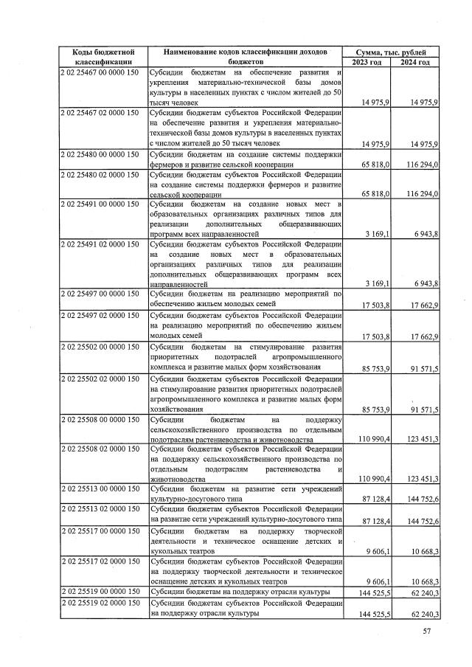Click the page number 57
click(426, 631)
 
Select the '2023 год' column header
click(367, 63)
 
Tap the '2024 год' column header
click(414, 63)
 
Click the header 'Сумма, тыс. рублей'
click(390, 52)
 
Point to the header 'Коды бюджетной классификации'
click(103, 58)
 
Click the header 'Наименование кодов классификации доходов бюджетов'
click(246, 58)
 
